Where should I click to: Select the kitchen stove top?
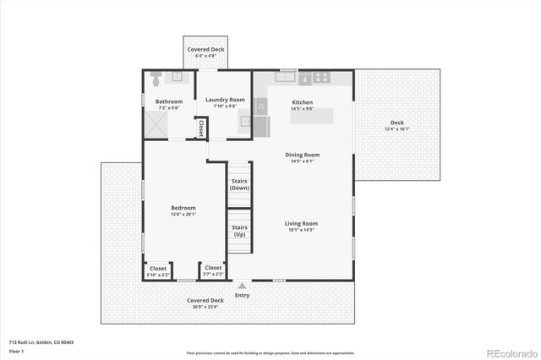click(321, 77)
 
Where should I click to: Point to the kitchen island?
click(311, 116)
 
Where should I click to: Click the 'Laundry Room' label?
click(225, 100)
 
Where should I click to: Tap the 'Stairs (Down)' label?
click(239, 184)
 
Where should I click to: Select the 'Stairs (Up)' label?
click(239, 231)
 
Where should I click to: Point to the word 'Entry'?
click(243, 295)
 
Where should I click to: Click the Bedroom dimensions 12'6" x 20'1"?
click(183, 215)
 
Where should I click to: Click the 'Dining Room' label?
click(302, 155)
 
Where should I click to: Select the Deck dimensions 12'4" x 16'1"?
click(396, 129)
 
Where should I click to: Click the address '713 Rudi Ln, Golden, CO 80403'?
click(41, 342)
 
